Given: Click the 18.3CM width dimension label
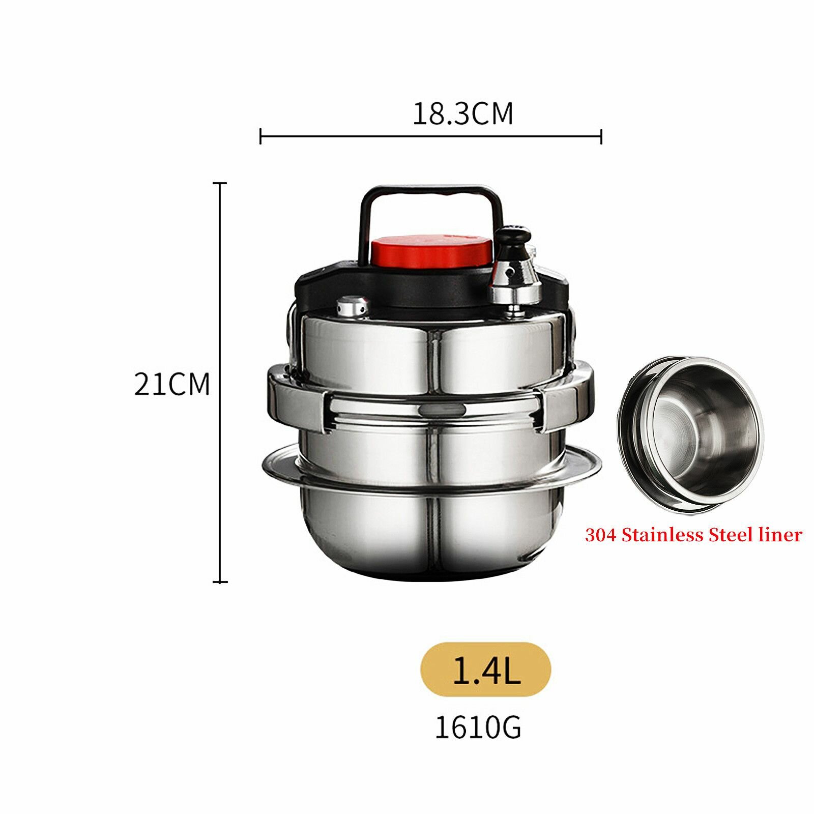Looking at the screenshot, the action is click(462, 113).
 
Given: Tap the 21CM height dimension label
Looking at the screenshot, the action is click(172, 384).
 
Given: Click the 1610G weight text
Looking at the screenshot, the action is click(478, 728).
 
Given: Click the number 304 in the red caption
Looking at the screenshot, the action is click(601, 535).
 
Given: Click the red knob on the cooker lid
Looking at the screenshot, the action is click(431, 251).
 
